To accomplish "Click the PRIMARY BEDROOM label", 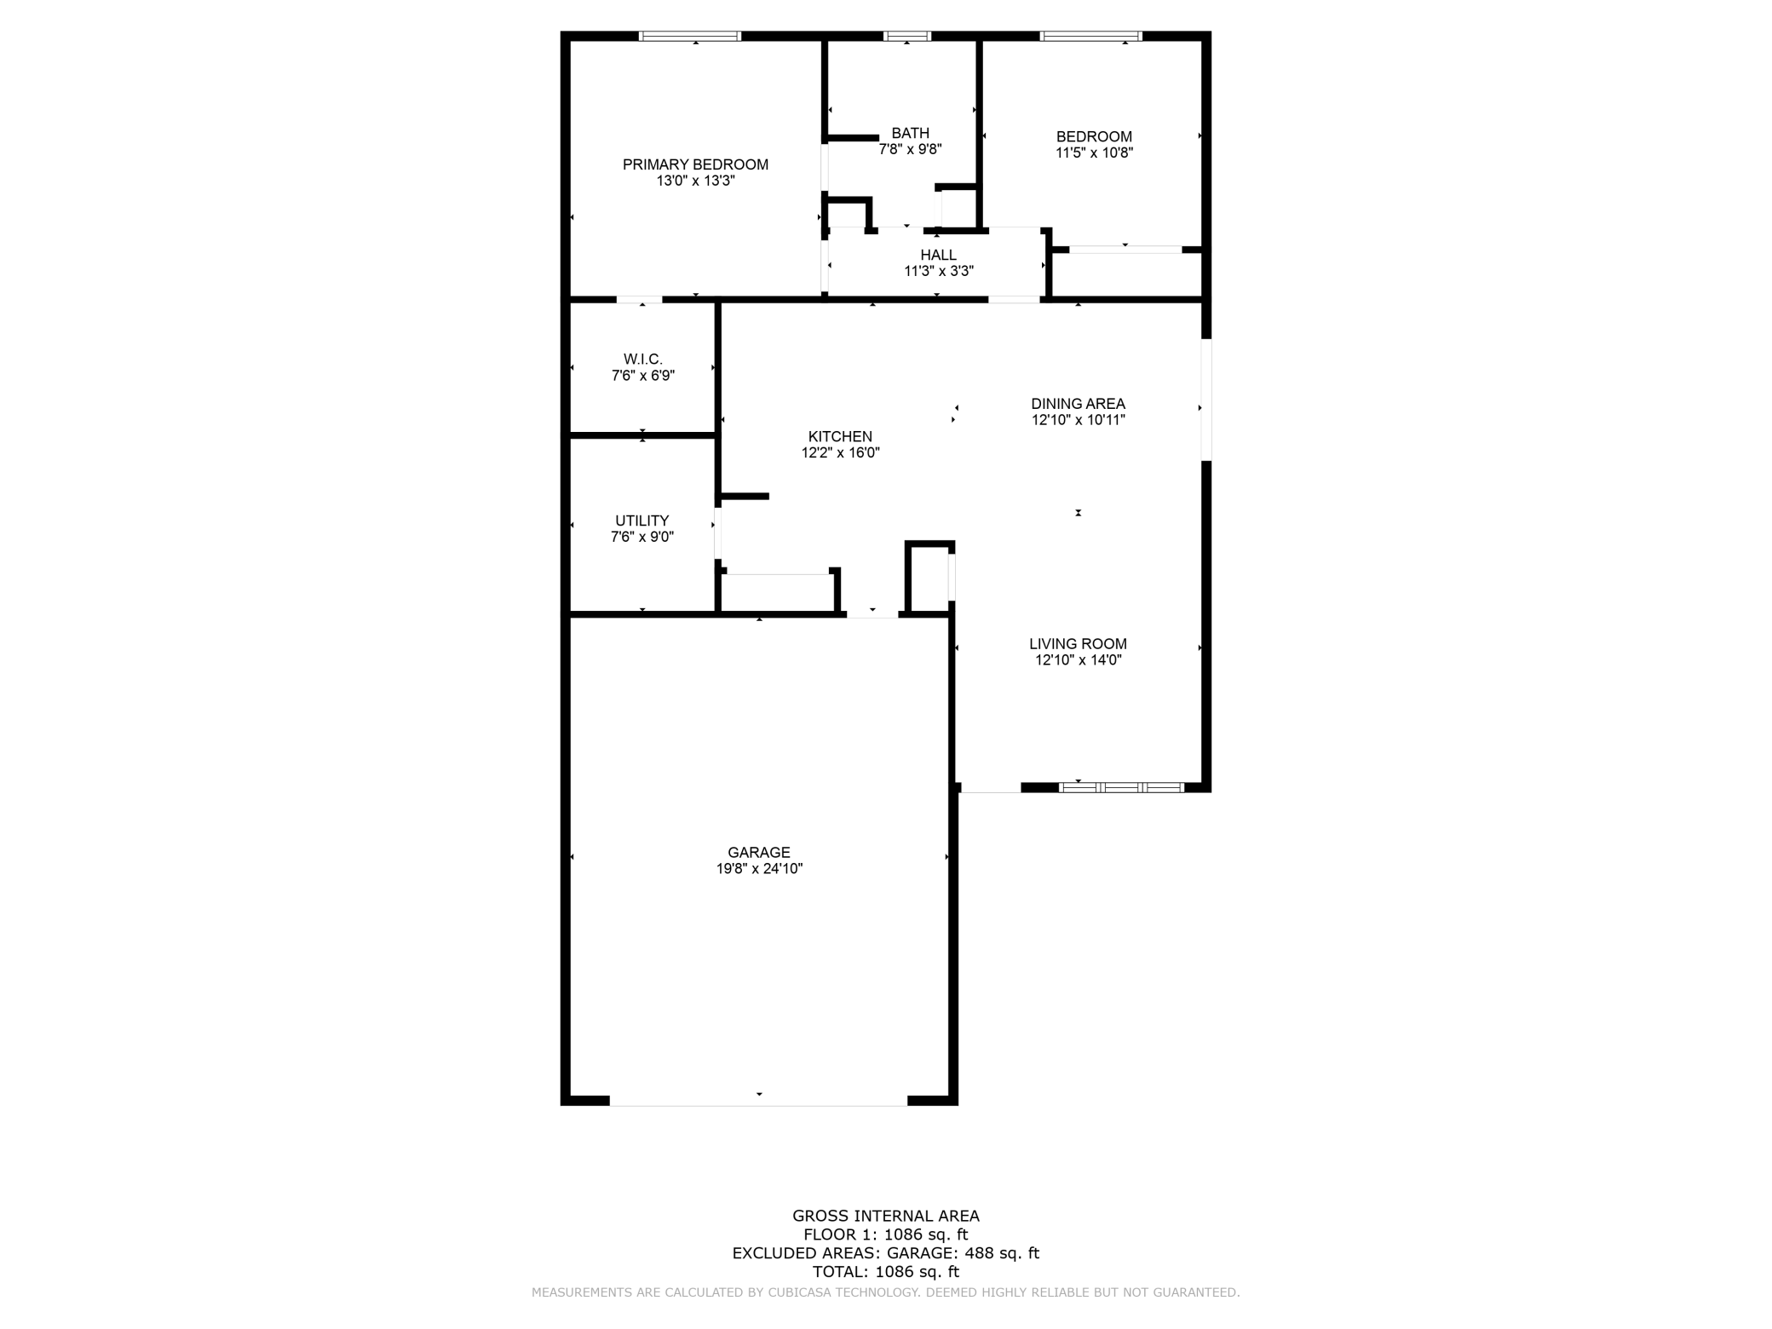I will [x=695, y=164].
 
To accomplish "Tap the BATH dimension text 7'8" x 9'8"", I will [x=910, y=149].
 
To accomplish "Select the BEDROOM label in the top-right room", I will [x=1094, y=136].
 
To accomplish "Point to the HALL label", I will [x=938, y=255].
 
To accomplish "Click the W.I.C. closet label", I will [x=642, y=360].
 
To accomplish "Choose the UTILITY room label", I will [x=641, y=521].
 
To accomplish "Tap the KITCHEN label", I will [x=840, y=436].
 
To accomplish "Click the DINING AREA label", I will [x=1078, y=404].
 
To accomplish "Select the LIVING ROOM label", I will [x=1078, y=644].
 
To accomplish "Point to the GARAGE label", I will [x=758, y=852].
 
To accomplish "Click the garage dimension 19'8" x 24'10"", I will [x=759, y=869].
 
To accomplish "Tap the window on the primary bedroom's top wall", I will [x=690, y=36].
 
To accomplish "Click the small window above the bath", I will [x=906, y=36].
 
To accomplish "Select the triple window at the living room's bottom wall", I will [x=1121, y=787].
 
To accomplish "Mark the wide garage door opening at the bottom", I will [x=758, y=1101].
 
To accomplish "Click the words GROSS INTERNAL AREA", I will [x=885, y=1216].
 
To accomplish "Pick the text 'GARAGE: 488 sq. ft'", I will [x=963, y=1253].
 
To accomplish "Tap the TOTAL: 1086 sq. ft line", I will [x=885, y=1272].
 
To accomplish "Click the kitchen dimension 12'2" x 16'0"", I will [x=840, y=453].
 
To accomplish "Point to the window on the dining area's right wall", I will [x=1206, y=400].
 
